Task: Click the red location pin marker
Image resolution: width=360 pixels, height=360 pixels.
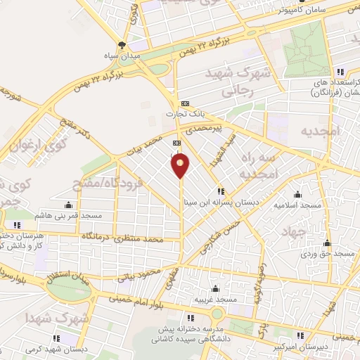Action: (181, 165)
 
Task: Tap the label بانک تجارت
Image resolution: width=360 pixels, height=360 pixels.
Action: (179, 114)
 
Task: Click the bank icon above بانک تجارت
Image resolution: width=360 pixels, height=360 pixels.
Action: (185, 103)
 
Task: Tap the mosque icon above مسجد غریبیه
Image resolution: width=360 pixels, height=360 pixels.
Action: (214, 288)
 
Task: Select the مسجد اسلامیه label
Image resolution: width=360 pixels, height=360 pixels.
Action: (299, 205)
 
